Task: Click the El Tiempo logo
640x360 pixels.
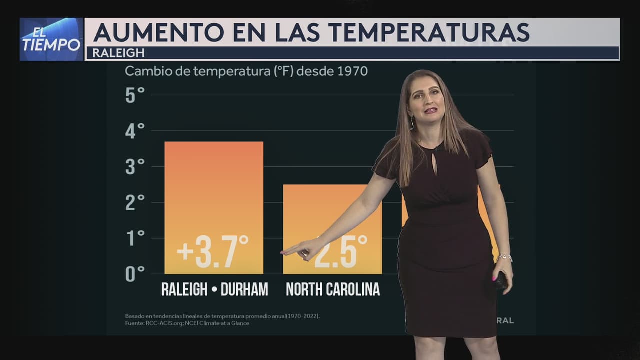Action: click(x=51, y=39)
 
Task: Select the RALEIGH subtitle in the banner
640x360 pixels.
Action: click(x=118, y=53)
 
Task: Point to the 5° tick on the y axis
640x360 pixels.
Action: click(x=135, y=95)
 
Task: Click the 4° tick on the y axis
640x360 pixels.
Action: click(x=135, y=131)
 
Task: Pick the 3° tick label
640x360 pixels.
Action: click(x=135, y=167)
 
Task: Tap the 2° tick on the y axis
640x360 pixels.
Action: click(x=135, y=202)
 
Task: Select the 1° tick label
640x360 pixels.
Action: click(x=135, y=238)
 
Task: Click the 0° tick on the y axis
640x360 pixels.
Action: click(x=135, y=274)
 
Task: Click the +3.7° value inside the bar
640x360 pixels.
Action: click(x=213, y=251)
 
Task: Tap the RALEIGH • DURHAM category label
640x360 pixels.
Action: click(x=214, y=289)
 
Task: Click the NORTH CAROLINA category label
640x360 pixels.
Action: click(x=333, y=289)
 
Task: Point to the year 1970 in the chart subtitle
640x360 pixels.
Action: click(x=353, y=71)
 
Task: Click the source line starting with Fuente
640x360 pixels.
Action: click(x=187, y=323)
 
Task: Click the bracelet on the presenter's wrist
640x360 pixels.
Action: click(x=505, y=257)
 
